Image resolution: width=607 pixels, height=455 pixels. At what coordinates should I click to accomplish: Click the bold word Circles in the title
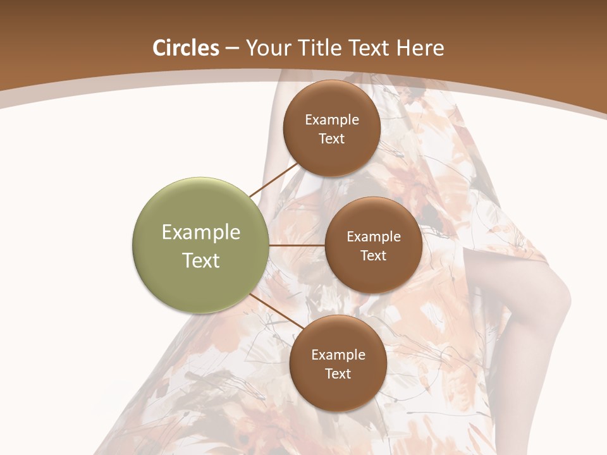pyautogui.click(x=185, y=48)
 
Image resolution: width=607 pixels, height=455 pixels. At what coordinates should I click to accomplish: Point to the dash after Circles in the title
pyautogui.click(x=232, y=49)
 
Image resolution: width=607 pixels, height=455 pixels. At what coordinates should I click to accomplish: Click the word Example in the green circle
pyautogui.click(x=201, y=233)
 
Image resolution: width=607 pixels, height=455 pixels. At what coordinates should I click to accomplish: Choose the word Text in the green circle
pyautogui.click(x=201, y=260)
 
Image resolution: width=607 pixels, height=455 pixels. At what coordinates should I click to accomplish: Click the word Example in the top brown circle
pyautogui.click(x=332, y=120)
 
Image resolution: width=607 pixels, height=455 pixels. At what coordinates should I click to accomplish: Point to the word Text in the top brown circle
pyautogui.click(x=332, y=139)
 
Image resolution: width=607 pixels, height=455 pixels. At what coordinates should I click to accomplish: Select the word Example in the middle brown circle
pyautogui.click(x=374, y=237)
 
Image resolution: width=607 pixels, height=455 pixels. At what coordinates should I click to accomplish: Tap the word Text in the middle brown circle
pyautogui.click(x=374, y=256)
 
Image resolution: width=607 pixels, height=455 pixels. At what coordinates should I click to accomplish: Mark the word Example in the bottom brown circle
pyautogui.click(x=338, y=355)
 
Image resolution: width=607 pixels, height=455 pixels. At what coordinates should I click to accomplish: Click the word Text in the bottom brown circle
pyautogui.click(x=338, y=374)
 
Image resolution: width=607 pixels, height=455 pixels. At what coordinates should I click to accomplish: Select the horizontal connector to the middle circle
pyautogui.click(x=297, y=245)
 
